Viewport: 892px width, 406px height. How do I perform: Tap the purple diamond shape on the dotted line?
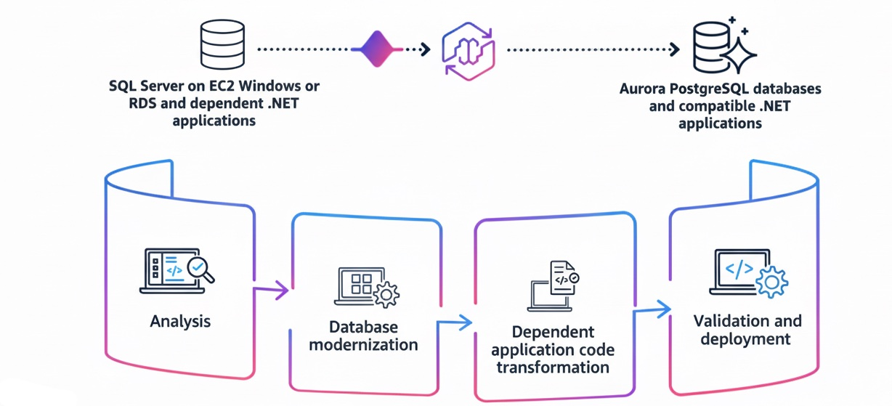pos(376,49)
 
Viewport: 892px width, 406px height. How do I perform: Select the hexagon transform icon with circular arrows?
pos(469,50)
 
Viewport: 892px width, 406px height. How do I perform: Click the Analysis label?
pos(179,320)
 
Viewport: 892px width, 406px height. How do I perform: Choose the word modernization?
pos(363,344)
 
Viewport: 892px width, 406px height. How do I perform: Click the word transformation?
pos(552,367)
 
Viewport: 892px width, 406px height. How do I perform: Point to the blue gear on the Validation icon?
pos(771,281)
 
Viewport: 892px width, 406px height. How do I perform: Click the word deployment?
pos(745,339)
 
